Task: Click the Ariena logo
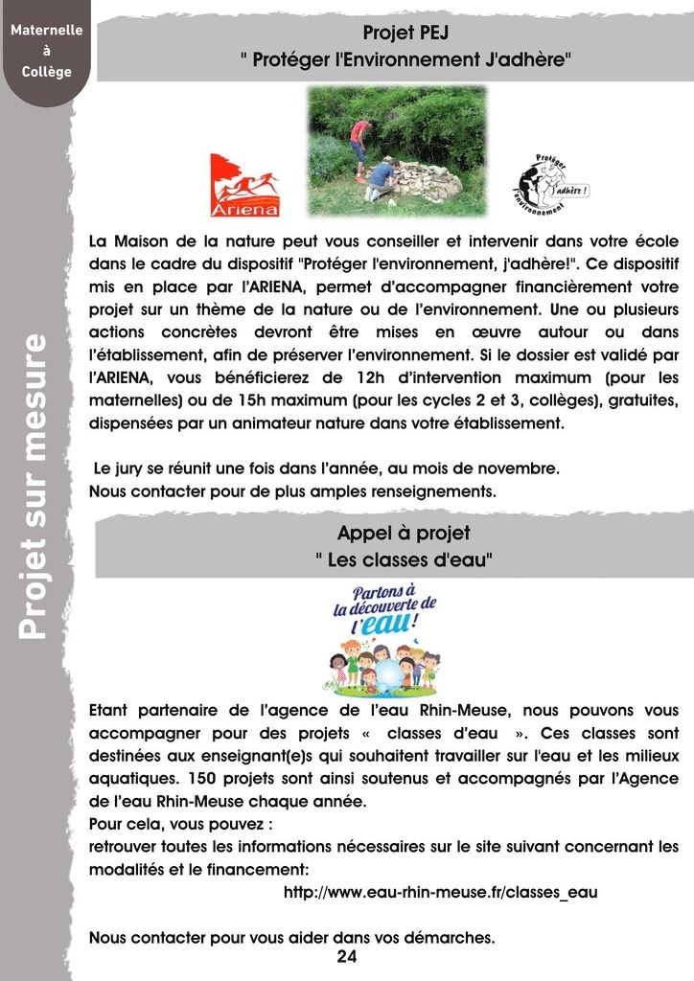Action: pos(244,185)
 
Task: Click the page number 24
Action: pos(346,957)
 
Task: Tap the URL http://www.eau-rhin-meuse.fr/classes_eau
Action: pos(441,892)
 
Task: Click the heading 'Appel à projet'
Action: pos(404,533)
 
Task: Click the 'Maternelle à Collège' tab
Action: pos(47,50)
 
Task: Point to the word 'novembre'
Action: pos(520,469)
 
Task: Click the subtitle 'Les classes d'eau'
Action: pos(405,559)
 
